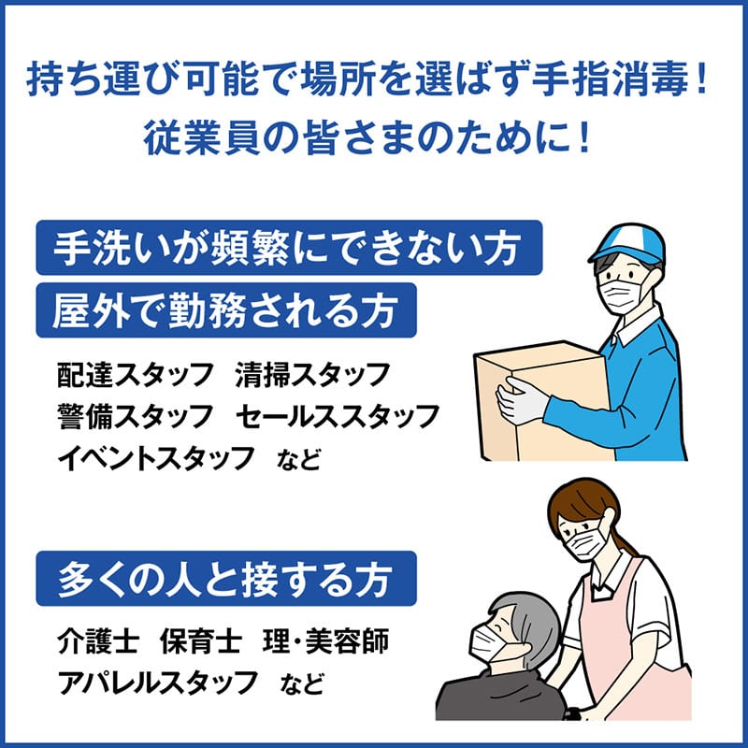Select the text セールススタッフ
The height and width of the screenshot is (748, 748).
pyautogui.click(x=338, y=416)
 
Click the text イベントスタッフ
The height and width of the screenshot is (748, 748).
pyautogui.click(x=155, y=458)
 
